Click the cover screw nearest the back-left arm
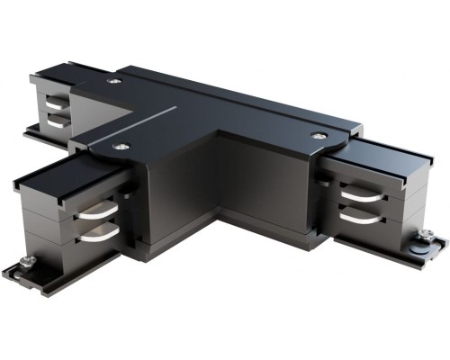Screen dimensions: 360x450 coord(112,82)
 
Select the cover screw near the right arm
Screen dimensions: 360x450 coord(317,135)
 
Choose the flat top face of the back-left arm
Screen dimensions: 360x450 coord(54,77)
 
